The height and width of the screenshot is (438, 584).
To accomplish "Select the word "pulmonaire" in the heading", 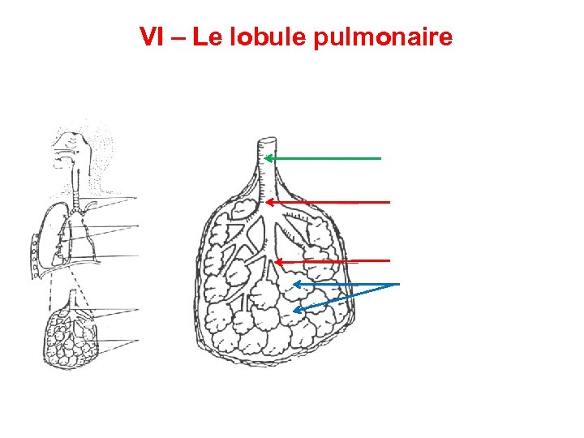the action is (x=382, y=38).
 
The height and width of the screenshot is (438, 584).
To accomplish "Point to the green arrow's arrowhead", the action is (x=268, y=159).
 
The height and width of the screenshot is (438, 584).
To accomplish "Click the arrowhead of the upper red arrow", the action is (x=268, y=201).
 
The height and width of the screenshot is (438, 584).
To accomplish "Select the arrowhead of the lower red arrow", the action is (x=277, y=261).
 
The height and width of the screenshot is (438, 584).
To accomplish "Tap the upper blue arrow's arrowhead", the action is (x=296, y=284).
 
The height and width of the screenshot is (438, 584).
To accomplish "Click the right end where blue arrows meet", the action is (x=399, y=284).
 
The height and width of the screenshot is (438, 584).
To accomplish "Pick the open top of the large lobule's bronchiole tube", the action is (x=264, y=141).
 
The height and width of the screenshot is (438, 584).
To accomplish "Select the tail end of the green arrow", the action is (x=380, y=159).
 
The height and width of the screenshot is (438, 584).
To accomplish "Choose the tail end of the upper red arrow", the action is (x=389, y=201).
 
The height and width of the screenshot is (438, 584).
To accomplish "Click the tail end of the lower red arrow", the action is (x=389, y=261).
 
